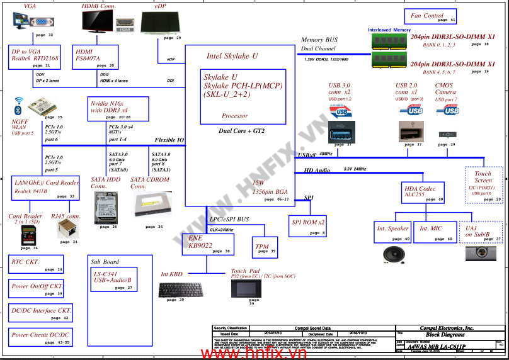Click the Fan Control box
tap(429, 17)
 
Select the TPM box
tap(265, 247)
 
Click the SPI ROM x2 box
tap(308, 225)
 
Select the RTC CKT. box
tap(36, 264)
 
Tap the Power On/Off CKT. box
tap(37, 289)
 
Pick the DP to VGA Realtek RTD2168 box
tap(35, 57)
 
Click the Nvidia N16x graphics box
tap(118, 109)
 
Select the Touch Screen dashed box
tap(484, 184)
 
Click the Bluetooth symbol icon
tap(19, 110)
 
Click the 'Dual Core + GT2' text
tap(241, 131)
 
